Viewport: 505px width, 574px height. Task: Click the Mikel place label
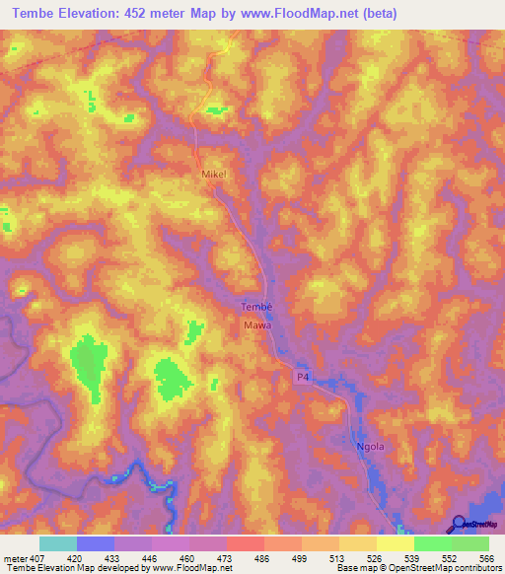point(214,174)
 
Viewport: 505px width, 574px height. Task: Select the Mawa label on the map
point(256,323)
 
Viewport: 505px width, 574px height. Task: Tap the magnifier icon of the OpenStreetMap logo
point(460,523)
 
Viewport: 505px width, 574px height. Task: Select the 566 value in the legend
point(483,557)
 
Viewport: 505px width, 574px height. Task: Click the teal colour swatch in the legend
point(58,543)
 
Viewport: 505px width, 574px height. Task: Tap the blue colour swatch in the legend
point(96,543)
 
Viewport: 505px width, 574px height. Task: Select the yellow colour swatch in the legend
point(395,543)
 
